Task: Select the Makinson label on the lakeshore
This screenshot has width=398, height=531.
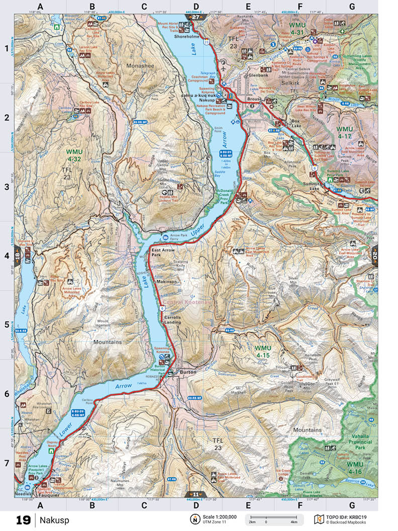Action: [x=167, y=282]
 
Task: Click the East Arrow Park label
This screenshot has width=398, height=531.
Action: [x=163, y=252]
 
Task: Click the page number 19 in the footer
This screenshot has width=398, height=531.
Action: [x=23, y=519]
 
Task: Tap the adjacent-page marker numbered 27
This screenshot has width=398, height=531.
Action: [x=195, y=17]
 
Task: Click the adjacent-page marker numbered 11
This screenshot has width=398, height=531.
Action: [x=195, y=494]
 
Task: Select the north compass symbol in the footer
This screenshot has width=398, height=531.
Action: [x=194, y=519]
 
